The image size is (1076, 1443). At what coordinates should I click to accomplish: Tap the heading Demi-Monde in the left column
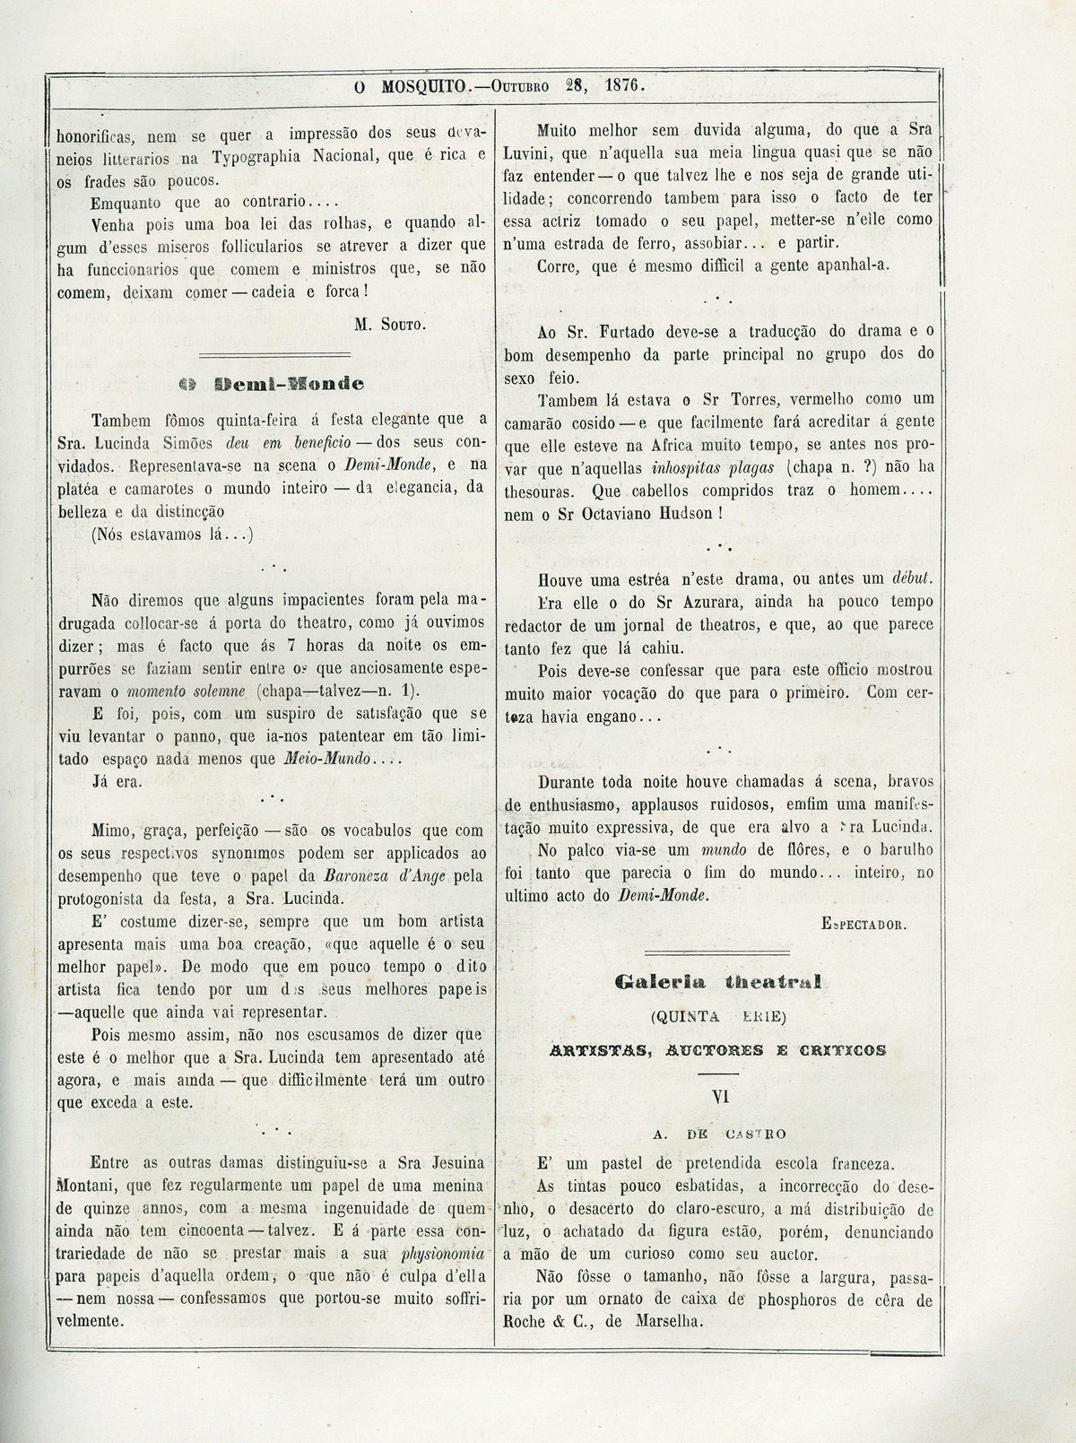(x=271, y=385)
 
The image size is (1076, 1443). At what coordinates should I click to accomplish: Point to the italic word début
(x=911, y=577)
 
